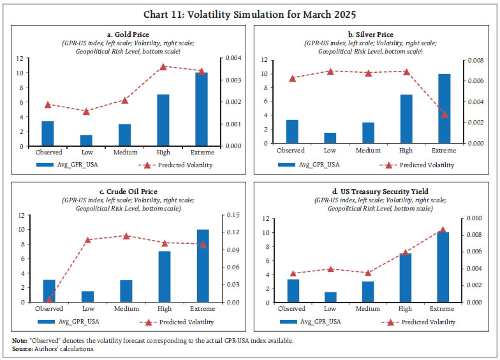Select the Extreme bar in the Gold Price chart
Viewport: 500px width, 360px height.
(x=201, y=109)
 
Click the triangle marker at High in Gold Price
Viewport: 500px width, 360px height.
(x=163, y=66)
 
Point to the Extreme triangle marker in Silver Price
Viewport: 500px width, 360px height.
(x=445, y=114)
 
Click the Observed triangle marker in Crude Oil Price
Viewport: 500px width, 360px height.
(x=48, y=299)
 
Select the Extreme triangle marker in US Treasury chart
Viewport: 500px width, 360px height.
(x=443, y=230)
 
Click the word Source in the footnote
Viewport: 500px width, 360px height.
(x=22, y=349)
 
